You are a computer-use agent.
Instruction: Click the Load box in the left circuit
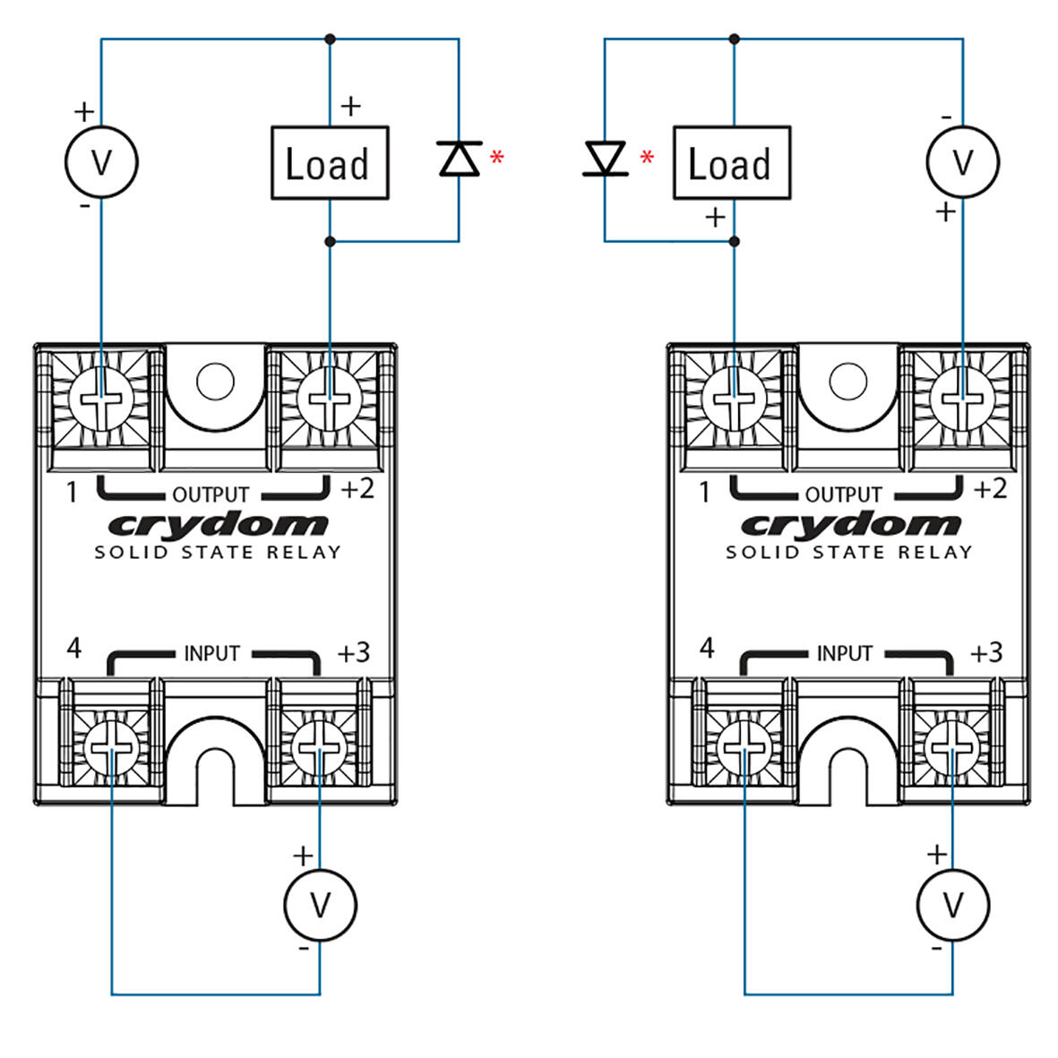coord(330,163)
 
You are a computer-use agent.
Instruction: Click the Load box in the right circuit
coord(731,163)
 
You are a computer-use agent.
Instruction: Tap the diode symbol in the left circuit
coord(459,159)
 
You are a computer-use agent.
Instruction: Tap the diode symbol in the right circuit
coord(605,159)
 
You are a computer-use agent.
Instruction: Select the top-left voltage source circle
coord(101,162)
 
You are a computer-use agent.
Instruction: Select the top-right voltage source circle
coord(962,162)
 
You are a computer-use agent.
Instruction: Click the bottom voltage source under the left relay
coord(320,905)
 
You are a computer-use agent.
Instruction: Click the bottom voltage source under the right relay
coord(953,905)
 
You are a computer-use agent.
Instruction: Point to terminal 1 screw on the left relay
coord(100,398)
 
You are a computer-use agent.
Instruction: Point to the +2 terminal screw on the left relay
coord(329,398)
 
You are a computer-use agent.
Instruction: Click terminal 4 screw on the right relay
coord(740,746)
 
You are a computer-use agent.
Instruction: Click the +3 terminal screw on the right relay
coord(953,746)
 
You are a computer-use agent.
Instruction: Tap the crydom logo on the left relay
coord(218,526)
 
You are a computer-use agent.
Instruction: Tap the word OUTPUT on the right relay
coord(843,495)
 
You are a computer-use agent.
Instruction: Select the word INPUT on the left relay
coord(211,654)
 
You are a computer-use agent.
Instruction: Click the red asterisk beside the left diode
coord(497,159)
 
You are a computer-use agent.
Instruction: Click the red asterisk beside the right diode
coord(647,159)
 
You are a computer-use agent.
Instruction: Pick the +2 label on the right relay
coord(990,489)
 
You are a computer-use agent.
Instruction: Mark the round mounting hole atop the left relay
coord(214,382)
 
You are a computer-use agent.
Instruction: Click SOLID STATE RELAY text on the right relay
coord(848,553)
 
